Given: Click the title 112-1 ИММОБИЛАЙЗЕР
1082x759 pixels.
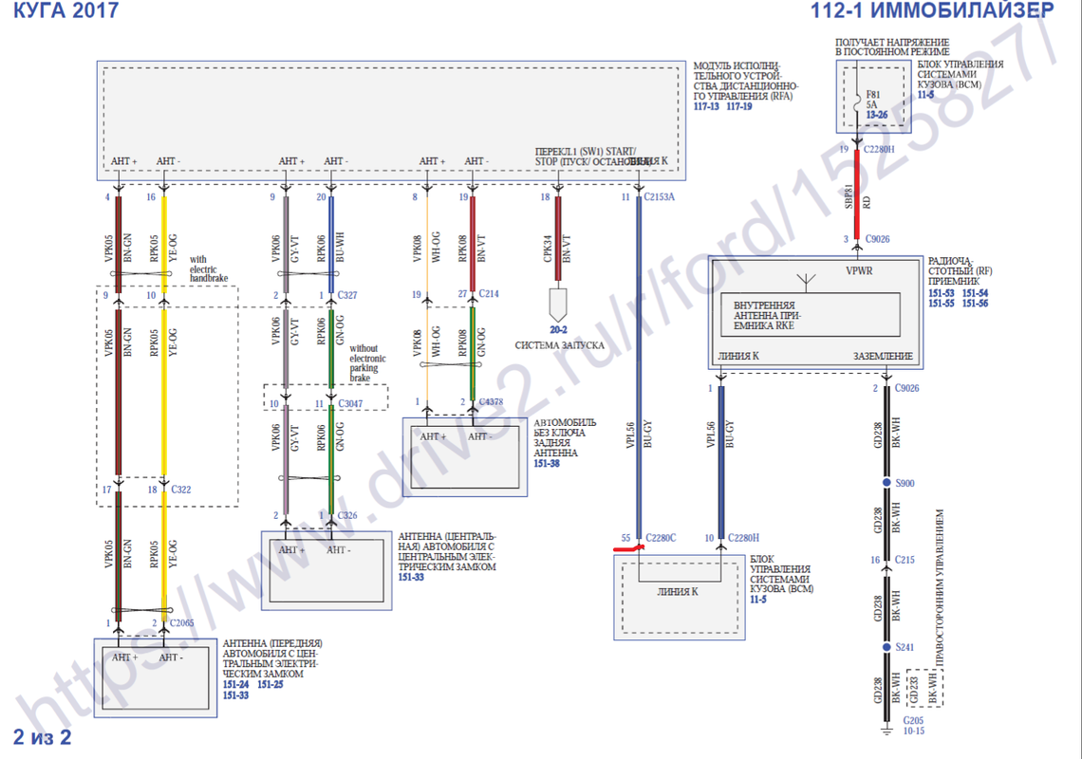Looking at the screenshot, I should click(932, 12).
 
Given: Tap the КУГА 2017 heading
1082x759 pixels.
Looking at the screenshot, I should click(65, 11).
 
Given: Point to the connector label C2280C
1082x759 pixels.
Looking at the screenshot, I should click(661, 539).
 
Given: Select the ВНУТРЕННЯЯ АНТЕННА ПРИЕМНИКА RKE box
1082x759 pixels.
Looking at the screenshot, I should click(810, 314).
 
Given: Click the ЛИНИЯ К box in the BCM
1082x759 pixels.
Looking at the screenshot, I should click(678, 591).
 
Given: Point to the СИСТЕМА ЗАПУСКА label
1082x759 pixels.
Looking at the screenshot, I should click(559, 345).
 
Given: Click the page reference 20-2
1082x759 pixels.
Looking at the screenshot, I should click(558, 331).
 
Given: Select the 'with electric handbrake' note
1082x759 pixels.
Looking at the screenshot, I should click(210, 268).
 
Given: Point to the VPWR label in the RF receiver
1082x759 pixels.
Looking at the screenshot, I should click(859, 269).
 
